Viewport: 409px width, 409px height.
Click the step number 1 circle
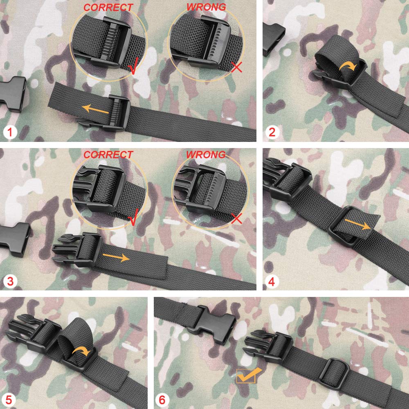tap(10, 132)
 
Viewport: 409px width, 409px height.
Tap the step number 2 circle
tap(272, 132)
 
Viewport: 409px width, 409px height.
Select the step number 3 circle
tap(10, 281)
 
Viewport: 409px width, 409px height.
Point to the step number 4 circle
tap(272, 281)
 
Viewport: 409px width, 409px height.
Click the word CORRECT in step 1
tap(108, 7)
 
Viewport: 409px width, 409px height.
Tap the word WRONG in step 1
tap(206, 7)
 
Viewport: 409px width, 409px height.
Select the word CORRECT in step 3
tap(108, 155)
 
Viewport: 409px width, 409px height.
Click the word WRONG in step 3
tap(206, 155)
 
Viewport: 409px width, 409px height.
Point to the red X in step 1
tap(236, 67)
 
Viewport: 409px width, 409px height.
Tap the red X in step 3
tap(236, 218)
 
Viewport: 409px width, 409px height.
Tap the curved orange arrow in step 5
tap(82, 351)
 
